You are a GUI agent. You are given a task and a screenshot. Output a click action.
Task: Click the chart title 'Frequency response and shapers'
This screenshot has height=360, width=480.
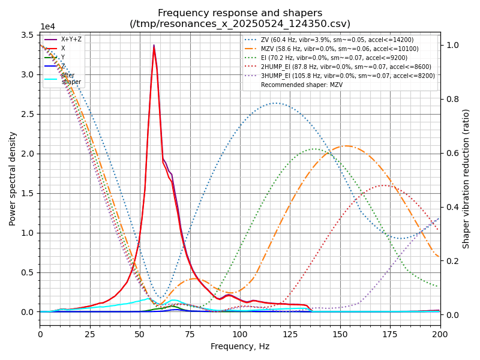click(x=240, y=13)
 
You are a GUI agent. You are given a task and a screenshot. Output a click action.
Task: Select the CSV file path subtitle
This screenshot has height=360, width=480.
click(x=240, y=24)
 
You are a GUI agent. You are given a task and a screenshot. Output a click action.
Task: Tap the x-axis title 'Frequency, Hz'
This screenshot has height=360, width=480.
click(x=240, y=346)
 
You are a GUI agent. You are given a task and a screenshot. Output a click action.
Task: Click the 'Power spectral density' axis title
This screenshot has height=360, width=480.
click(x=13, y=178)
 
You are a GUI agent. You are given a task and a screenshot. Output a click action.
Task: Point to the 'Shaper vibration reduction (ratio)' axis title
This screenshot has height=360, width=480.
click(x=466, y=178)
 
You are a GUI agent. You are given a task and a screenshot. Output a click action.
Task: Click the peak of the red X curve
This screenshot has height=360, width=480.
click(x=154, y=46)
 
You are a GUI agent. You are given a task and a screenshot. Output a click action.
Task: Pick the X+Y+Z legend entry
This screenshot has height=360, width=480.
click(x=71, y=40)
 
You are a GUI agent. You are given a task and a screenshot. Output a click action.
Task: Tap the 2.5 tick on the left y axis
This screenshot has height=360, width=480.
click(x=28, y=114)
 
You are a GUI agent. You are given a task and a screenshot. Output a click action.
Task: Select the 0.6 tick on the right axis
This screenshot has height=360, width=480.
click(x=448, y=153)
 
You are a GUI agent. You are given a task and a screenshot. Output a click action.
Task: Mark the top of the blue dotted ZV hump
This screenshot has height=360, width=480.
click(x=276, y=103)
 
